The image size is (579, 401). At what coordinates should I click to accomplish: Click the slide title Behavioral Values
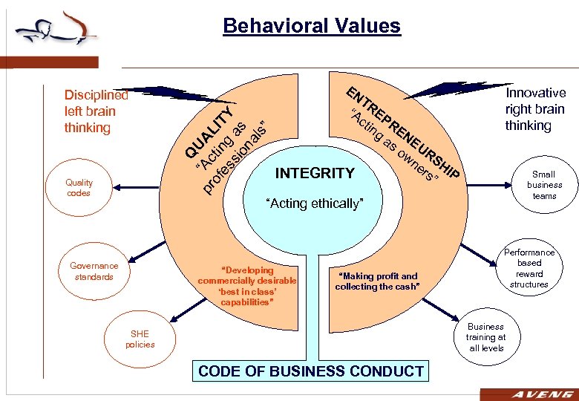(311, 27)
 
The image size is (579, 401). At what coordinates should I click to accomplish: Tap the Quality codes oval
(79, 188)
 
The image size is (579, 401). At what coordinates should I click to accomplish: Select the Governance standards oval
(94, 271)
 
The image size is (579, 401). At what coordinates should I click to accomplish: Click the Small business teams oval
(544, 185)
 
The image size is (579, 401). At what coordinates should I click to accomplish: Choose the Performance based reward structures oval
(529, 268)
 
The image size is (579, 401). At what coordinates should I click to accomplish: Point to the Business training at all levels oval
(485, 337)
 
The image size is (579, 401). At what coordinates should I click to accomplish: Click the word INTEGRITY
(315, 174)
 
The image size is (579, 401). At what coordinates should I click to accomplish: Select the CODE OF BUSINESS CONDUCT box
(311, 371)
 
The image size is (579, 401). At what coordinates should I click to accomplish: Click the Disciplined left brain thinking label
(96, 111)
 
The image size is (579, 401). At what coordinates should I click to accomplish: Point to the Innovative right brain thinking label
(534, 108)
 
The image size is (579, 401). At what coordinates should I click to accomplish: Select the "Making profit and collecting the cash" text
(377, 281)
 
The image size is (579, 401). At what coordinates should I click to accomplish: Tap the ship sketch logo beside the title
(56, 30)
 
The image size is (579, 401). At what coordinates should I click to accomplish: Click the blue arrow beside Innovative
(445, 88)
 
